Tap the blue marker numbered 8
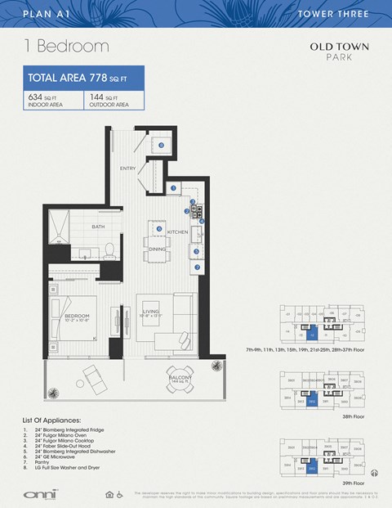tap(161, 146)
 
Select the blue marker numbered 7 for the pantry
tap(197, 267)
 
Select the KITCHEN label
tap(177, 232)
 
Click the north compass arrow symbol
tap(374, 472)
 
